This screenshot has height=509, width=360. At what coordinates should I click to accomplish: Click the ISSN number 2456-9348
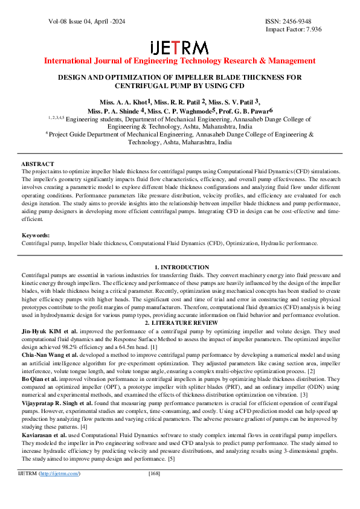tap(300, 21)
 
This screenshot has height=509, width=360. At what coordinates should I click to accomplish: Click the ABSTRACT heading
tap(37, 164)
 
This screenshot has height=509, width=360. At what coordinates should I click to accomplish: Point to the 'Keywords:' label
tap(36, 235)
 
